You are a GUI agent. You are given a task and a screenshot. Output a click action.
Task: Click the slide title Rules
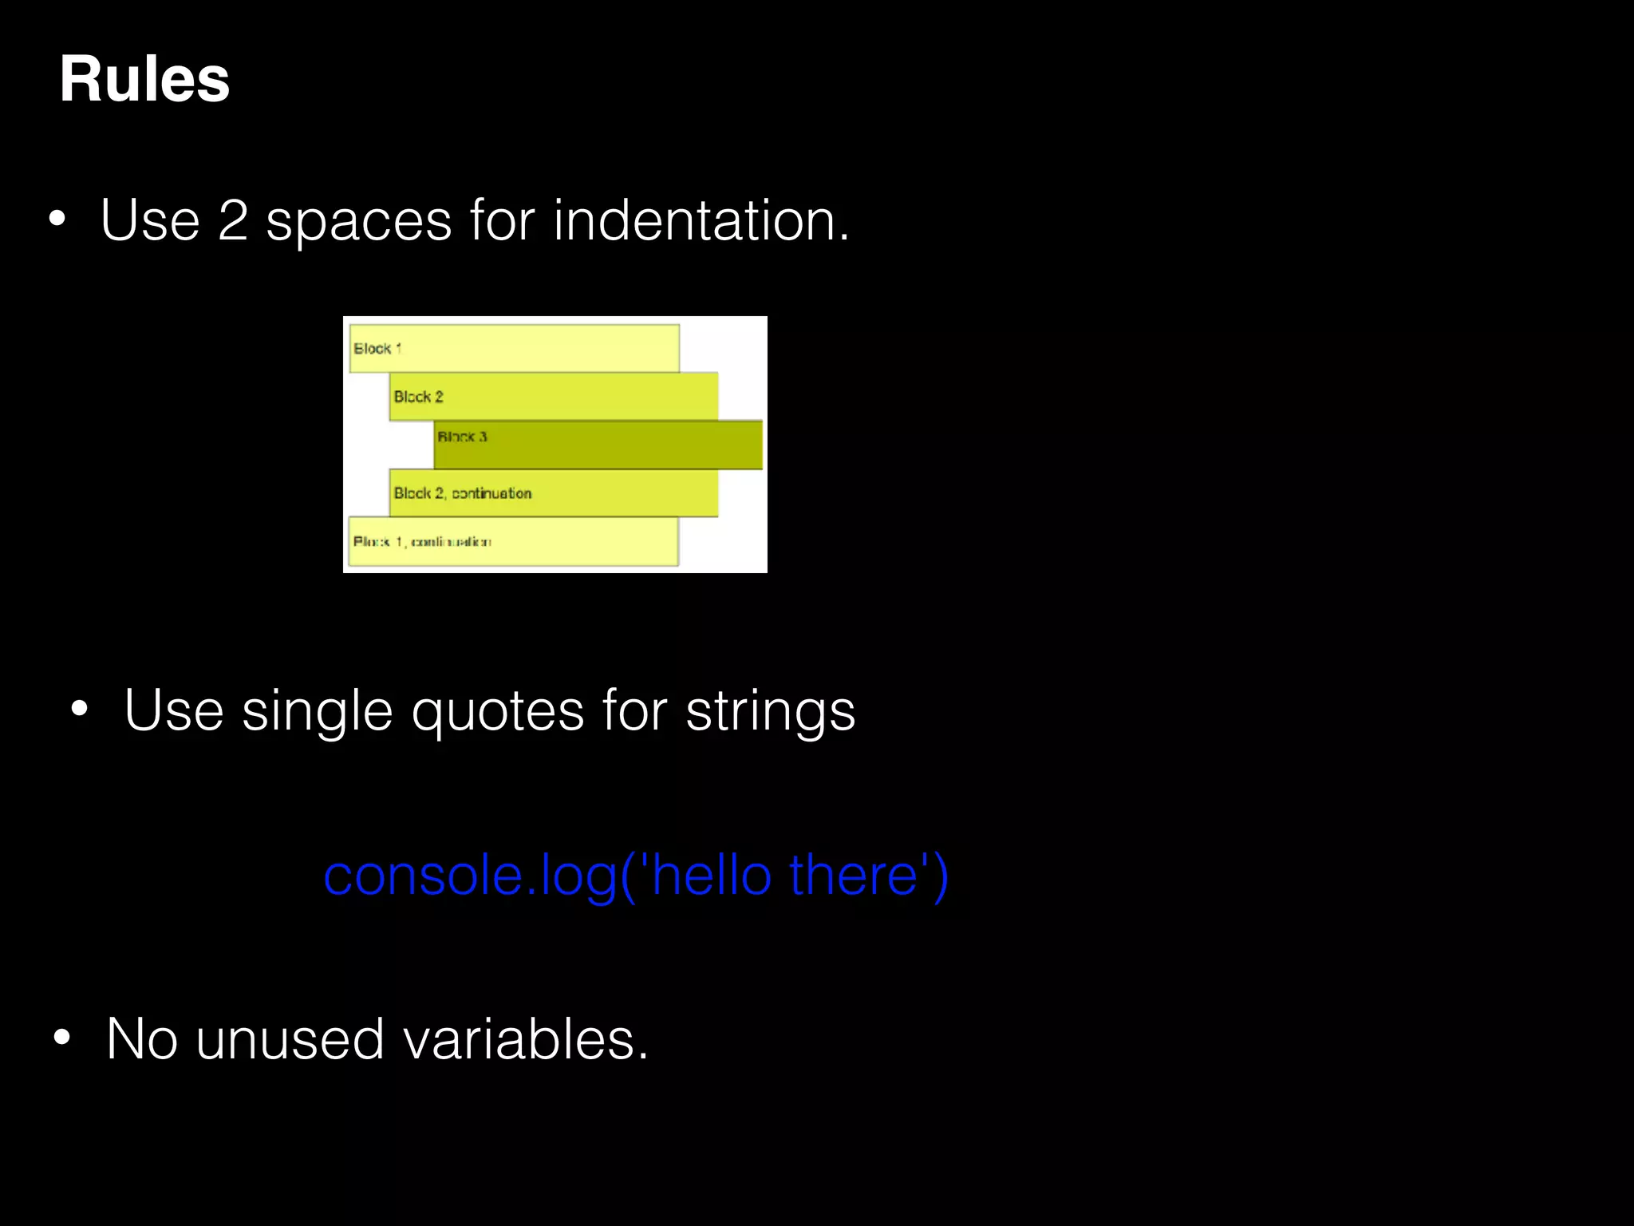[144, 80]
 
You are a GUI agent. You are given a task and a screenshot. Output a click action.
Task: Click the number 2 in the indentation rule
[233, 221]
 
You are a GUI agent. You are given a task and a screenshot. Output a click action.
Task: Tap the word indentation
[701, 221]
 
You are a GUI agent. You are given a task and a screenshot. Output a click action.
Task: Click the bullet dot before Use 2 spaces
[57, 219]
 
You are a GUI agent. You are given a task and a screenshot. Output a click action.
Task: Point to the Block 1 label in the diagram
[377, 349]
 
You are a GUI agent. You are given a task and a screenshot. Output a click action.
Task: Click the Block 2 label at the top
[418, 397]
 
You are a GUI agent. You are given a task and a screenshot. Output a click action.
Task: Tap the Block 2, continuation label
[463, 493]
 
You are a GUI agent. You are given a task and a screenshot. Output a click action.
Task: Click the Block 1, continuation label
[422, 542]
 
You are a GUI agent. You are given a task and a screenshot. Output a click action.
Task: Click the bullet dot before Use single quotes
[79, 709]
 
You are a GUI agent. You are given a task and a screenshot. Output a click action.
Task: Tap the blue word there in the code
[853, 876]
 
